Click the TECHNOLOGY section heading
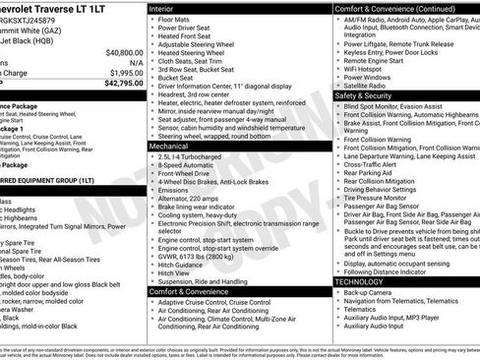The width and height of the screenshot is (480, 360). tap(360, 282)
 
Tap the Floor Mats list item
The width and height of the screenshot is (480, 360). tap(178, 19)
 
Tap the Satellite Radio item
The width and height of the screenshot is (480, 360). tap(371, 86)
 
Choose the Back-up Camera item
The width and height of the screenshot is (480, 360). tap(370, 294)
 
